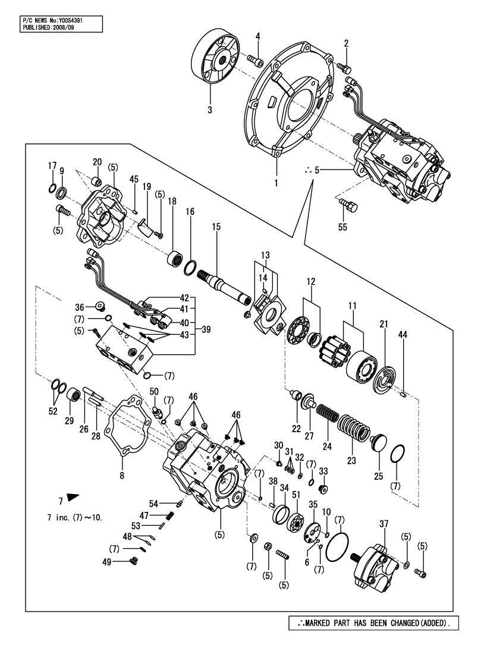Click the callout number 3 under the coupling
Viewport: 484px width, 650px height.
click(210, 110)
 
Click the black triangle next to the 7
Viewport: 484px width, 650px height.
click(73, 496)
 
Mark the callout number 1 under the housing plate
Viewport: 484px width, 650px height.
click(276, 184)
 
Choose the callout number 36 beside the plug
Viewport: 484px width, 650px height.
click(96, 307)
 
